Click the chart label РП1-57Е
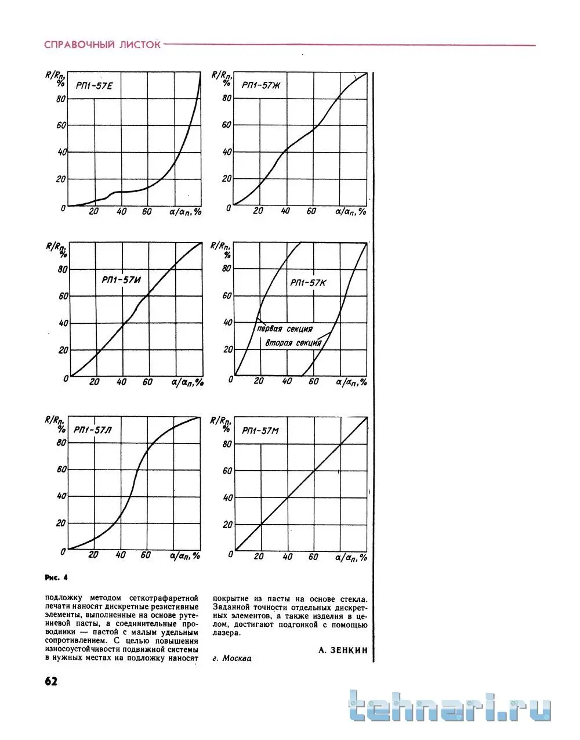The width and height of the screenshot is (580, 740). pos(93,86)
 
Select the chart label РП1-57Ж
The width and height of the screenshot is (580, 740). pos(261,85)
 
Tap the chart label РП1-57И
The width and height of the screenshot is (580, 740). pos(122,280)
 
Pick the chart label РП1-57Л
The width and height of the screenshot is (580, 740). pos(93,431)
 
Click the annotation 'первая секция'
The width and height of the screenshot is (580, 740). pos(284,329)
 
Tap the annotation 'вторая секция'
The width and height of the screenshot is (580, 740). pos(293,342)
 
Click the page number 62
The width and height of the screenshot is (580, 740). pos(50,681)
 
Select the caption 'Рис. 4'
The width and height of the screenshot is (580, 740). pos(56,577)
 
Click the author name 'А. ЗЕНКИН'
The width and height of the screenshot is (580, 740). pos(343,650)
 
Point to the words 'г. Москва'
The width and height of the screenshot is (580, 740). pos(232,659)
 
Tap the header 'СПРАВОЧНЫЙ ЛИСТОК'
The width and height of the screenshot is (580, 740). pos(102,45)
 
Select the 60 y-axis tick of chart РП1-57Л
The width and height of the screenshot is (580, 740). pos(60,469)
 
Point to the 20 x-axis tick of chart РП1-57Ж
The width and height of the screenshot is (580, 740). pos(259,212)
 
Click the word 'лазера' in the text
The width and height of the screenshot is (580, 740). pos(226,633)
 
